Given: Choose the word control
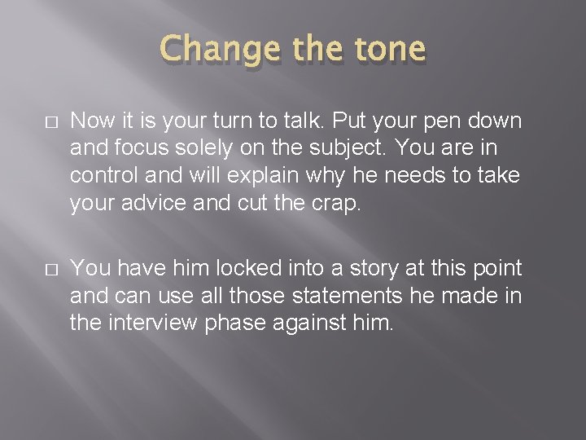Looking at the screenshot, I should point(99,176).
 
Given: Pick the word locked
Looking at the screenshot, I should point(218,268).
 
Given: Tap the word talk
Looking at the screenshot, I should point(317,121).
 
